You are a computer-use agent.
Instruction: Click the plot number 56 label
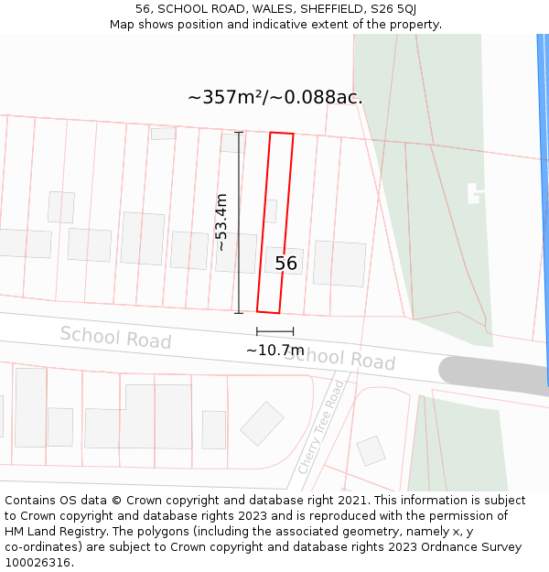[x=286, y=264]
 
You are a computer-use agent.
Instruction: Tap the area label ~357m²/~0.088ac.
[x=274, y=97]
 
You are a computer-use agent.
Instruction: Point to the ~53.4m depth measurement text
[x=221, y=221]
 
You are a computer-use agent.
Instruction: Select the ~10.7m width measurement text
[x=274, y=350]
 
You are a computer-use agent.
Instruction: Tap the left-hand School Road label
[x=115, y=337]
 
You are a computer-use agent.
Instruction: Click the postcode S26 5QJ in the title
[x=395, y=8]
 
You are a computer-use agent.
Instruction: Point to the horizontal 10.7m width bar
[x=274, y=331]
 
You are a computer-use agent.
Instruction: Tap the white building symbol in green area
[x=475, y=193]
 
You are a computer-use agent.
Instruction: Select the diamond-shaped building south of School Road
[x=263, y=423]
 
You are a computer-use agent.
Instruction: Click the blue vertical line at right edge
[x=544, y=210]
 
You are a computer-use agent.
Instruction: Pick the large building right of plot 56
[x=339, y=264]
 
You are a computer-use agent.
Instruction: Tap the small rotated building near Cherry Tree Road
[x=371, y=450]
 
